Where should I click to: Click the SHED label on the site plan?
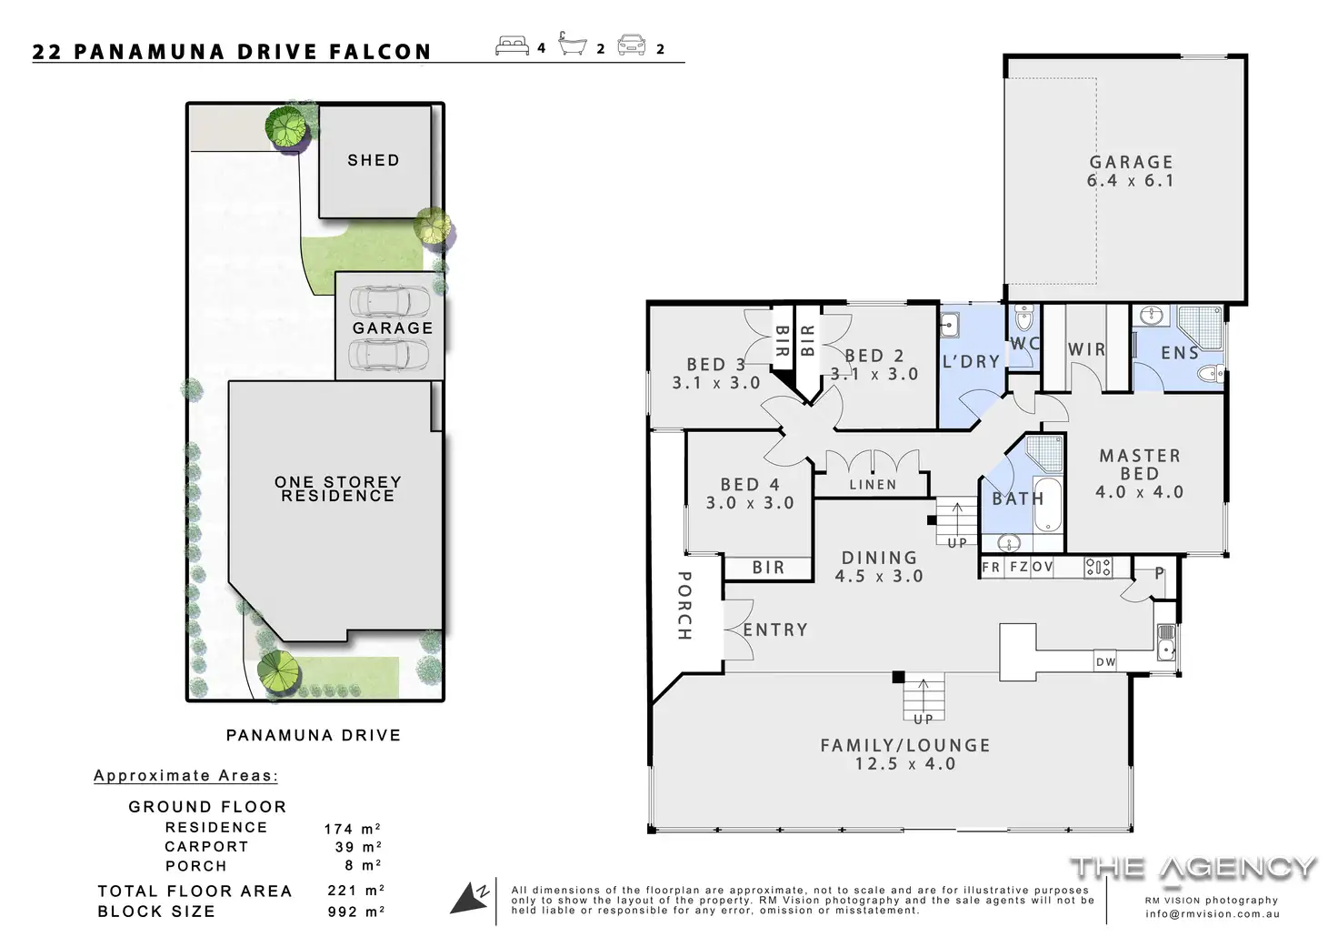click(374, 160)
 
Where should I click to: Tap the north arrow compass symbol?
click(470, 897)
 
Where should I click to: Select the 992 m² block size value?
click(355, 912)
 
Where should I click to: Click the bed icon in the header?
click(512, 46)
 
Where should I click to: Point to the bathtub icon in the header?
click(573, 45)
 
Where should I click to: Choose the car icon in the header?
click(632, 45)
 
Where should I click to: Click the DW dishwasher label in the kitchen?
click(1105, 662)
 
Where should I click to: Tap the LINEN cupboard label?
click(873, 484)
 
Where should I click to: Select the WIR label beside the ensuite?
click(1086, 349)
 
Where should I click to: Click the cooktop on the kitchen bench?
click(1098, 568)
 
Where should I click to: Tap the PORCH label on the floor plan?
click(684, 605)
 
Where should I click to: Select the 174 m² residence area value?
click(353, 829)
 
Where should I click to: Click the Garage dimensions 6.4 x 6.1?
click(1130, 180)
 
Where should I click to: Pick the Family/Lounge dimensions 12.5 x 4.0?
click(905, 763)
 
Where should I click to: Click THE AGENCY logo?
click(1193, 869)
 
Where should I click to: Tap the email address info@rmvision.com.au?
click(1213, 913)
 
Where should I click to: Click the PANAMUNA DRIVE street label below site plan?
click(314, 735)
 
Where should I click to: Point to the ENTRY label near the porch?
click(775, 630)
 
